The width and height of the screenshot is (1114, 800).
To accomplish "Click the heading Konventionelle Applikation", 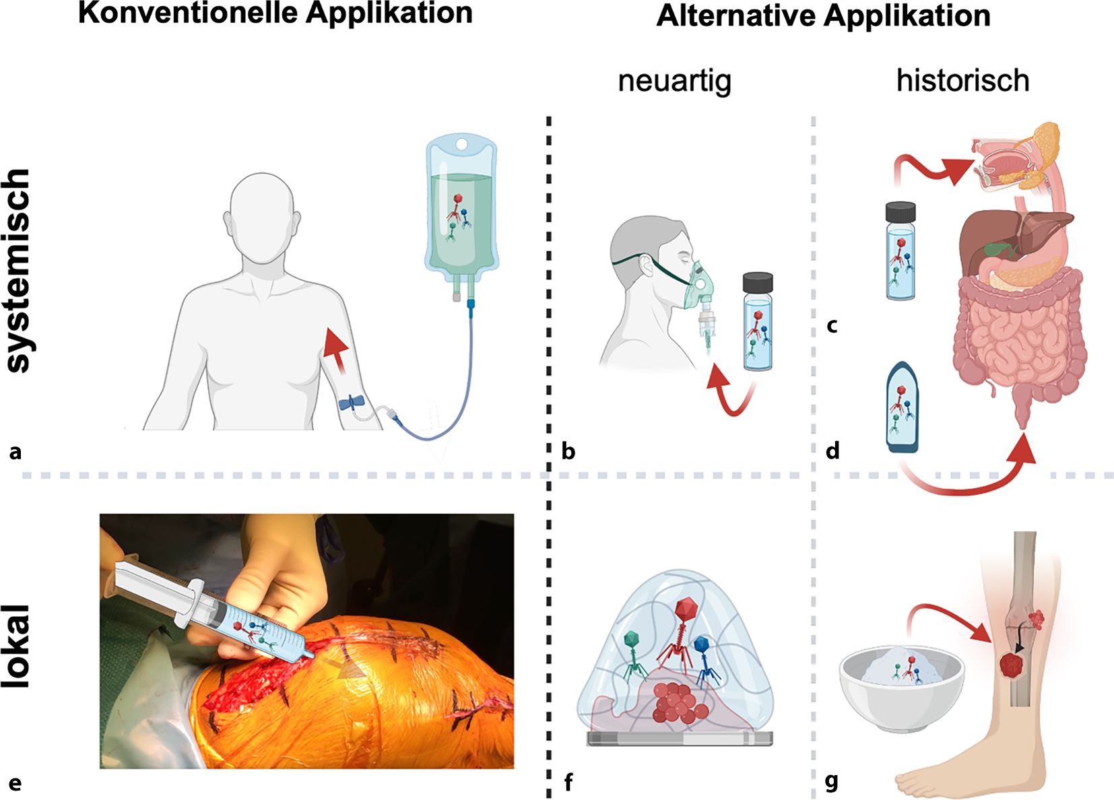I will [275, 13].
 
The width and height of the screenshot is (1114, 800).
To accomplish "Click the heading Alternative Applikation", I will [823, 16].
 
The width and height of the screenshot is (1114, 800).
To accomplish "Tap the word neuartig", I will [674, 81].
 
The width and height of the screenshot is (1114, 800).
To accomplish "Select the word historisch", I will [962, 81].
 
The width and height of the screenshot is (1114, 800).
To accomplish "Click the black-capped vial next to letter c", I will [900, 251].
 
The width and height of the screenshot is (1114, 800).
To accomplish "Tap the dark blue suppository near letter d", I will [902, 408].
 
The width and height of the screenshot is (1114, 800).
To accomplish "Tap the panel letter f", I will [568, 782].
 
